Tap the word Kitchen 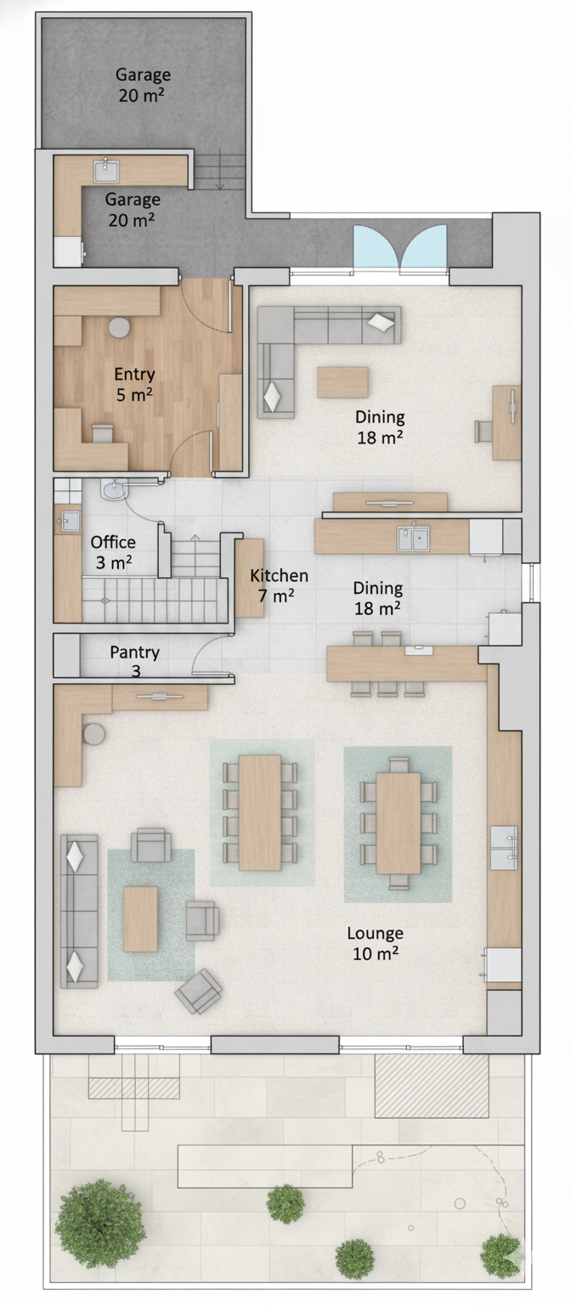pos(279,575)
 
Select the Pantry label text pos(134,652)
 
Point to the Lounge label pos(376,933)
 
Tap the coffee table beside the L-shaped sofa pos(342,382)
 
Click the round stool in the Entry pos(120,327)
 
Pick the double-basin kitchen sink pos(415,539)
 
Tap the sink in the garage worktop pos(106,172)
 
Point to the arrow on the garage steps pos(220,169)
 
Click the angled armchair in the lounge pos(198,990)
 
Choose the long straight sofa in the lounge pos(79,911)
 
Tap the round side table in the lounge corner pos(93,733)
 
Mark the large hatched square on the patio pos(431,1086)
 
